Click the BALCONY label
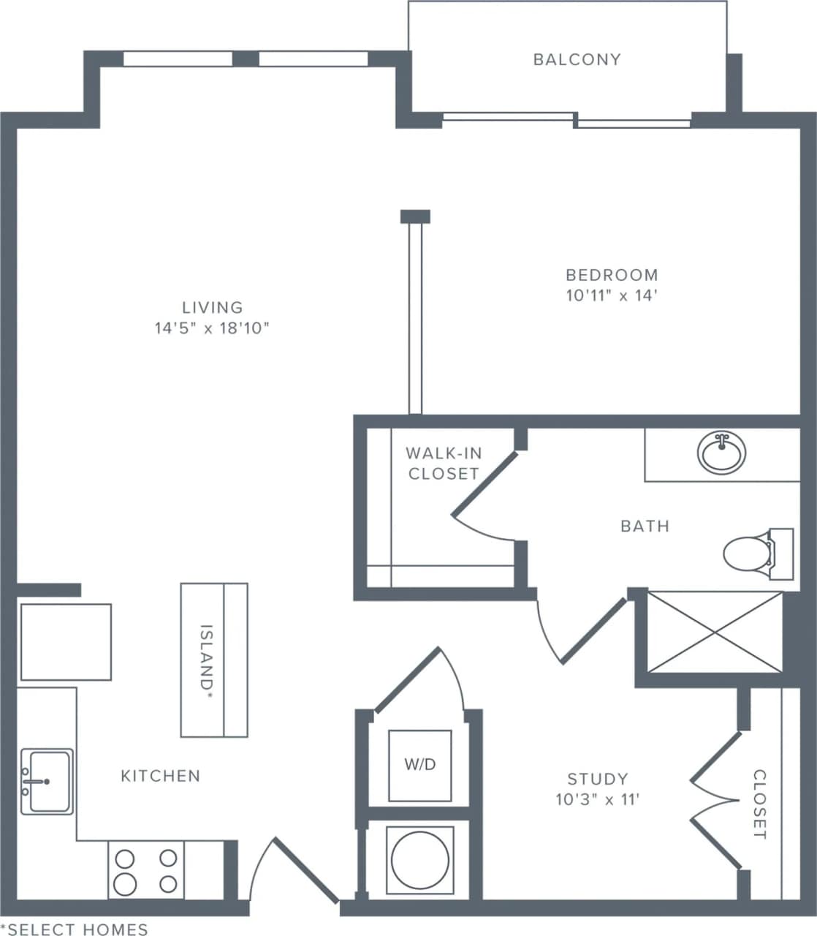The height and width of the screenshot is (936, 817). (x=577, y=59)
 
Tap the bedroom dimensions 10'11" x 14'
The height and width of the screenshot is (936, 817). (x=612, y=296)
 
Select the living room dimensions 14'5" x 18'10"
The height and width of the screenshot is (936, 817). (x=212, y=328)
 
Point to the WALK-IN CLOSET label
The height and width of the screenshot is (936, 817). (x=443, y=464)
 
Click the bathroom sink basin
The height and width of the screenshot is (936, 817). (x=721, y=453)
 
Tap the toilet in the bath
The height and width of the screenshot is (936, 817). (x=747, y=554)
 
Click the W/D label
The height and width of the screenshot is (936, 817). (x=419, y=765)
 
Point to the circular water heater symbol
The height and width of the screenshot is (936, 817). (x=419, y=859)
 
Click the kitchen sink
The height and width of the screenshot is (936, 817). (x=47, y=781)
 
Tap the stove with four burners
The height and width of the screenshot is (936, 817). (x=146, y=870)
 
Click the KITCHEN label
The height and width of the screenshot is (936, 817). (x=160, y=776)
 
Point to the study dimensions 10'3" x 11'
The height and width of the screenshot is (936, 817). (x=597, y=799)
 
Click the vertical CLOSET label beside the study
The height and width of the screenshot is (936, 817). (x=759, y=804)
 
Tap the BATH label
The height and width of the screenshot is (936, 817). (x=645, y=526)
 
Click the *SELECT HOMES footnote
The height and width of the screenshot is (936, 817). (x=74, y=929)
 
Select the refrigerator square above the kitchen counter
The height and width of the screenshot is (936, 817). (x=66, y=642)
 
